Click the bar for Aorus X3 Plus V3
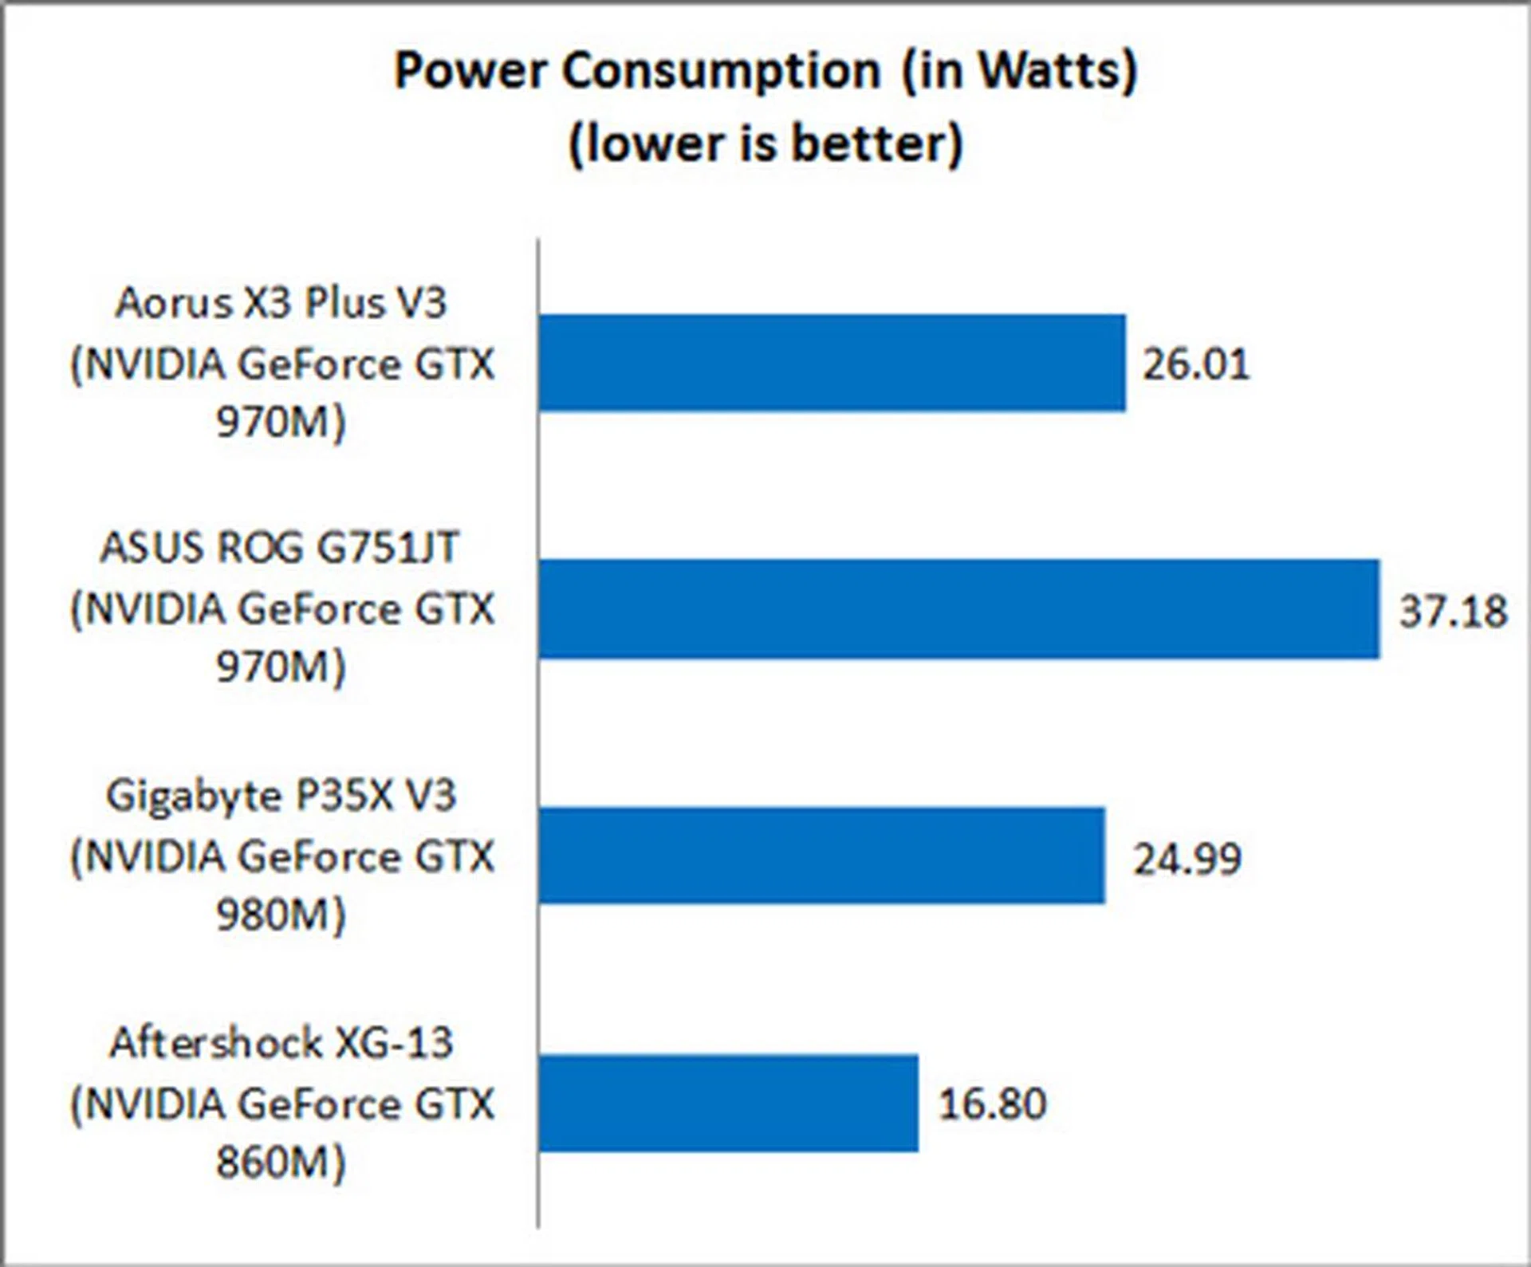tap(832, 363)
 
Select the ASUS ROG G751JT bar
tap(958, 609)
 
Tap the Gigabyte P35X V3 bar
tap(821, 856)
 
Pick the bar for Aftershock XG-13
tap(728, 1103)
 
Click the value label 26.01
tap(1195, 364)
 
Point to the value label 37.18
tap(1453, 612)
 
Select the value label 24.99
tap(1187, 859)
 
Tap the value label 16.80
tap(992, 1104)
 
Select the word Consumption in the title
tap(721, 71)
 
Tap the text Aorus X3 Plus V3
tap(281, 303)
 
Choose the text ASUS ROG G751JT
tap(280, 549)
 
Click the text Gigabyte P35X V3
tap(281, 796)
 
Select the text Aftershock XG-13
tap(281, 1043)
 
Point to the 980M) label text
tap(281, 915)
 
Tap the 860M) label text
tap(281, 1163)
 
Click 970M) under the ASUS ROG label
tap(281, 667)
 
